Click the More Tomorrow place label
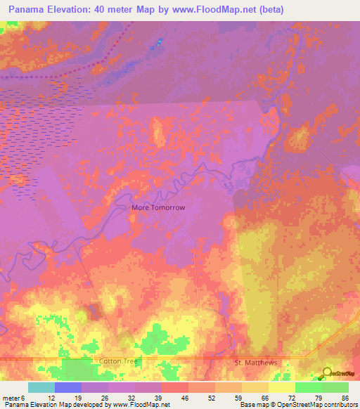pyautogui.click(x=158, y=208)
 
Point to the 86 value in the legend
pyautogui.click(x=345, y=398)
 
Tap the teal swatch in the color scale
pyautogui.click(x=41, y=387)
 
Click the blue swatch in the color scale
pyautogui.click(x=68, y=387)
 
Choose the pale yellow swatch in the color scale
pyautogui.click(x=282, y=387)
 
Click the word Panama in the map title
pyautogui.click(x=30, y=11)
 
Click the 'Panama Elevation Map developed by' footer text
pyautogui.click(x=55, y=405)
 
